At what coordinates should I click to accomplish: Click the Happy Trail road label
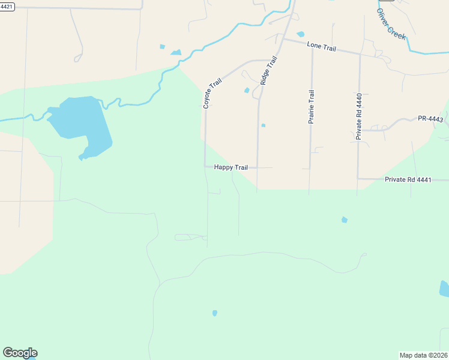[231, 167]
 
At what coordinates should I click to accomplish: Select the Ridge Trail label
[268, 70]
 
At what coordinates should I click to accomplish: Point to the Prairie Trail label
[311, 107]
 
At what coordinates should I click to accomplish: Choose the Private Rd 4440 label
[358, 117]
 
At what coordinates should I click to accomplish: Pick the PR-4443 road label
[430, 119]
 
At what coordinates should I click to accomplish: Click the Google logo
[20, 353]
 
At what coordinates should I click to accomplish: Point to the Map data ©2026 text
[423, 355]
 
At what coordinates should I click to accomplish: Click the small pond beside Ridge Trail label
[247, 91]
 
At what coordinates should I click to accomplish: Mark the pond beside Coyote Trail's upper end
[176, 53]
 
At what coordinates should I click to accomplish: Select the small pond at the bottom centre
[215, 313]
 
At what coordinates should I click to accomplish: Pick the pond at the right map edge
[444, 289]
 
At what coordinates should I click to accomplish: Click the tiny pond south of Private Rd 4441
[344, 220]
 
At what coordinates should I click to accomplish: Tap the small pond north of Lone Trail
[300, 34]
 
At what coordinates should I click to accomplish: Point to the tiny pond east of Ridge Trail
[263, 125]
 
